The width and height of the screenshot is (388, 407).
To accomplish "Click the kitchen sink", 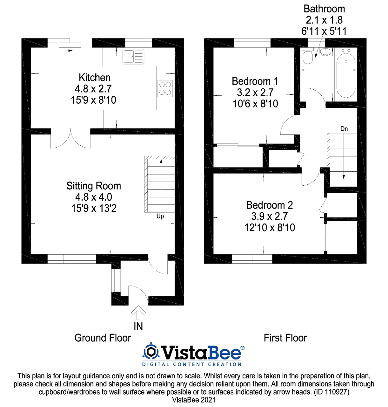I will [x=133, y=57].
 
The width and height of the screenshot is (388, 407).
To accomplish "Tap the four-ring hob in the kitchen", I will [x=165, y=88].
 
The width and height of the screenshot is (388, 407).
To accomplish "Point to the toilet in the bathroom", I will [x=307, y=56].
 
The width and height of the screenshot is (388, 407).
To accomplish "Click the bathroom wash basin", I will [x=325, y=52].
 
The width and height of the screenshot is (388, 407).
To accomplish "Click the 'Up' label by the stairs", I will [x=160, y=217].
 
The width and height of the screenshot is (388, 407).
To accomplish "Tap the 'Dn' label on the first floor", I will [x=344, y=129].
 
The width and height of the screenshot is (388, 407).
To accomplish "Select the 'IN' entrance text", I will [x=138, y=327].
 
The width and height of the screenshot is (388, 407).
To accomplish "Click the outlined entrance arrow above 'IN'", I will [x=138, y=312].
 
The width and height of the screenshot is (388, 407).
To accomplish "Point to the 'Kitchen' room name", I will [x=95, y=78].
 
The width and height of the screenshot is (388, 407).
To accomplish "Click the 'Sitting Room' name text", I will [x=94, y=186].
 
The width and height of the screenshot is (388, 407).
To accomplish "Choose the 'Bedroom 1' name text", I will [x=255, y=81].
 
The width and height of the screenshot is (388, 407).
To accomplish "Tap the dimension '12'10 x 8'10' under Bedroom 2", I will [x=270, y=228].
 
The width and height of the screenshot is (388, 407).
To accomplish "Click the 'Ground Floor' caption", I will [x=103, y=338].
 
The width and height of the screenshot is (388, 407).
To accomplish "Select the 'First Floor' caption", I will [x=285, y=338].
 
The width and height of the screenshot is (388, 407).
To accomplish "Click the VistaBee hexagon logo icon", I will [x=151, y=352].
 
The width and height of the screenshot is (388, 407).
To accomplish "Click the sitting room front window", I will [x=72, y=259].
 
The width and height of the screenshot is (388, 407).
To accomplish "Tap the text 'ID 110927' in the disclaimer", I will [x=331, y=392].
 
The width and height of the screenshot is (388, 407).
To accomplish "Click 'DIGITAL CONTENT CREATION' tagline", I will [x=192, y=364].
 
